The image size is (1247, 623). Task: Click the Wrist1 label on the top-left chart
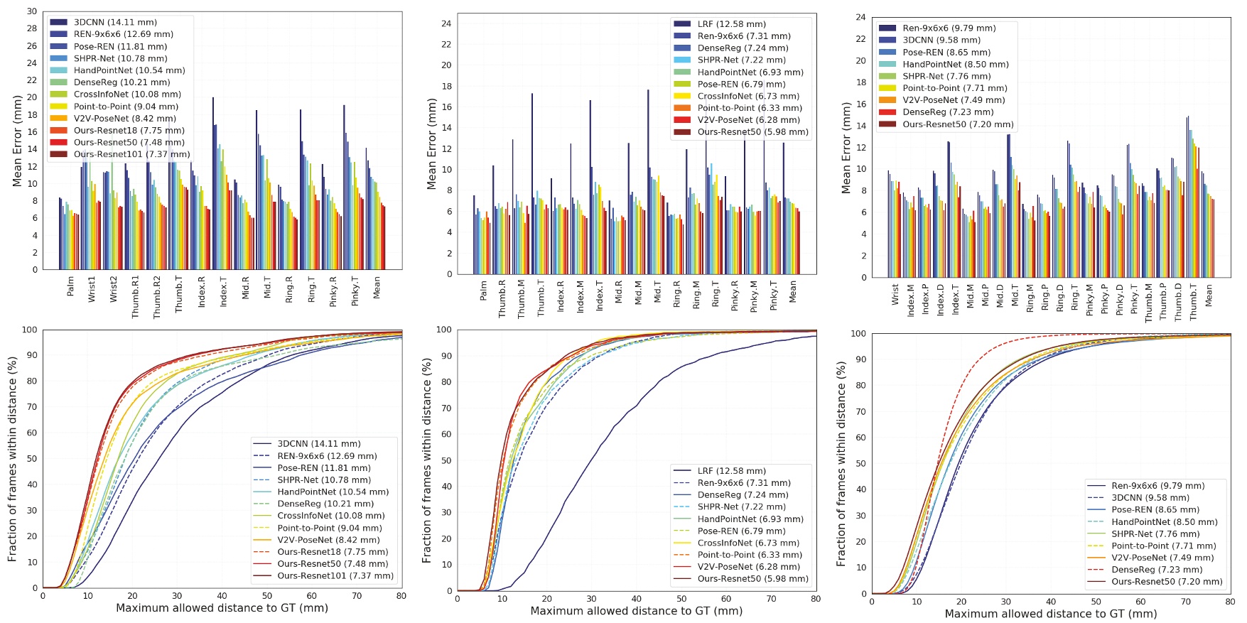(92, 290)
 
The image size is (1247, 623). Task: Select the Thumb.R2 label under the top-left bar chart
(157, 297)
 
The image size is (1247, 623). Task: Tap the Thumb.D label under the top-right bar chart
(1178, 302)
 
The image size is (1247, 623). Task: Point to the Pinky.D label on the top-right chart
(1119, 300)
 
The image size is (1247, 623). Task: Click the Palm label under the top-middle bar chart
(483, 290)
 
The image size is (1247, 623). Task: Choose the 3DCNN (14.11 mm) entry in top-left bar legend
(115, 22)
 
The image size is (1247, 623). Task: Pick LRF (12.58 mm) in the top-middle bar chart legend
(721, 24)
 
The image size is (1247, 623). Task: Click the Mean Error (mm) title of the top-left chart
(17, 141)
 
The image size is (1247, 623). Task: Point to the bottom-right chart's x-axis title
(1051, 614)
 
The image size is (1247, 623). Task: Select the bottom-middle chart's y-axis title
(426, 460)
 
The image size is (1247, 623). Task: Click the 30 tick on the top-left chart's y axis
(32, 11)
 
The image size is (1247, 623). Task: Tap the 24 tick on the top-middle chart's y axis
(446, 23)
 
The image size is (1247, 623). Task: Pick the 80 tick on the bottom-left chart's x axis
(401, 596)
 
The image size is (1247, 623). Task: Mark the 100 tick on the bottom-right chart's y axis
(858, 333)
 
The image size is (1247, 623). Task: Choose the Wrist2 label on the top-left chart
(114, 290)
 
